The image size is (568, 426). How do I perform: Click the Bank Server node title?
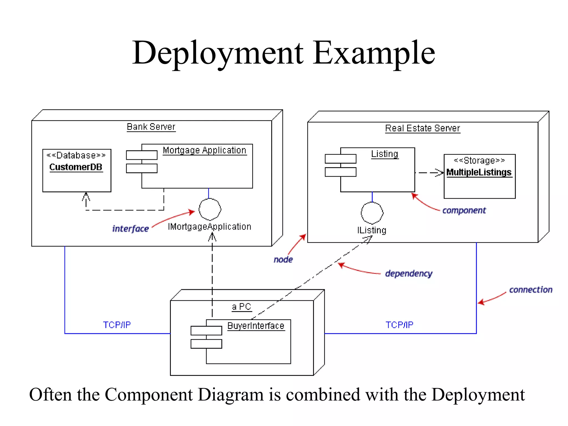pyautogui.click(x=151, y=127)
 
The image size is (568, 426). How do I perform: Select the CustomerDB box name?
pyautogui.click(x=76, y=167)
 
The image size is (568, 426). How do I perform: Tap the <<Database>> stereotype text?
pyautogui.click(x=76, y=155)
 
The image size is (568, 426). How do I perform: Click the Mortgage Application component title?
pyautogui.click(x=204, y=150)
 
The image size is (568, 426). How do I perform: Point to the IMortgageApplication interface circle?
pyautogui.click(x=210, y=209)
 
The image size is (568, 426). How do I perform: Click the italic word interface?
pyautogui.click(x=130, y=229)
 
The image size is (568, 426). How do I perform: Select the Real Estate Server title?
pyautogui.click(x=422, y=128)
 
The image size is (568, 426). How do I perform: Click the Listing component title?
pyautogui.click(x=384, y=154)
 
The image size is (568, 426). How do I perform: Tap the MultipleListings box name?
pyautogui.click(x=479, y=172)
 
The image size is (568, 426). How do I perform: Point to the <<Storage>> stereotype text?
pyautogui.click(x=479, y=160)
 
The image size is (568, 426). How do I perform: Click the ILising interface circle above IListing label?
pyautogui.click(x=372, y=213)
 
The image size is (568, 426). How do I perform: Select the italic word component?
pyautogui.click(x=464, y=211)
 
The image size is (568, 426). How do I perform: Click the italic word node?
pyautogui.click(x=283, y=260)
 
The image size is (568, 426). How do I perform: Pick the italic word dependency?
pyautogui.click(x=409, y=274)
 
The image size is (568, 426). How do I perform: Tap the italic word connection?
pyautogui.click(x=531, y=290)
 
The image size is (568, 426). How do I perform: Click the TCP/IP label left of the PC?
pyautogui.click(x=117, y=325)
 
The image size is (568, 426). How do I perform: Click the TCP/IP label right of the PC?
pyautogui.click(x=399, y=325)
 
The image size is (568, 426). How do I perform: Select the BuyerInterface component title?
pyautogui.click(x=256, y=326)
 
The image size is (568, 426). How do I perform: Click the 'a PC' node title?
pyautogui.click(x=241, y=307)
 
